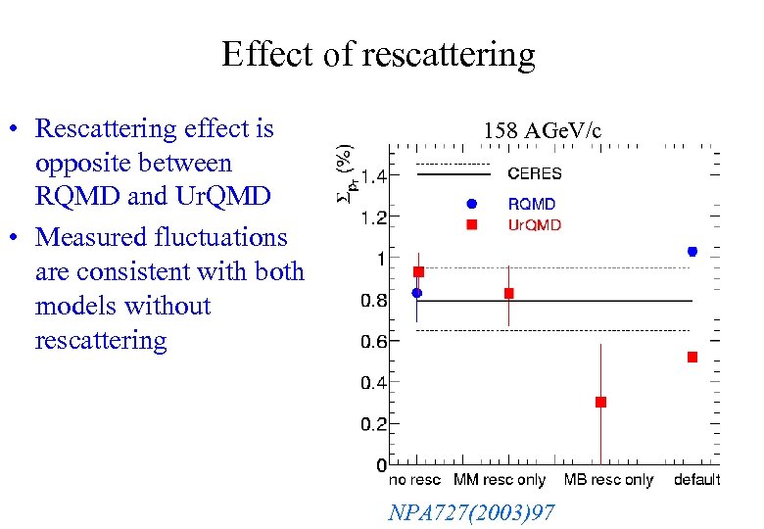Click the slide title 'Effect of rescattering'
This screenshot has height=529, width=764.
[378, 54]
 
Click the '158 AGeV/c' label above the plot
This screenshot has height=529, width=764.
[542, 130]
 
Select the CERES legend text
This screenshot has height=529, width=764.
[534, 173]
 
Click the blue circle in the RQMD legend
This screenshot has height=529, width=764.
[471, 204]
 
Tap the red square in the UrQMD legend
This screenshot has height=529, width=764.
[471, 224]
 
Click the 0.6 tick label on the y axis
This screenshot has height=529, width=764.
[373, 342]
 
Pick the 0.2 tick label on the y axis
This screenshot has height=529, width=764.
[373, 425]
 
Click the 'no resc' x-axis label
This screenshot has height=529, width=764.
[414, 480]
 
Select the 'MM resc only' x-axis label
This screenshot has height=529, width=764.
[500, 480]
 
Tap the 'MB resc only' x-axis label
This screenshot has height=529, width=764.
[608, 480]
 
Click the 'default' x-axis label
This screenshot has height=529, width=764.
[696, 480]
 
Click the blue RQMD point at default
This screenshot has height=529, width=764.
[692, 252]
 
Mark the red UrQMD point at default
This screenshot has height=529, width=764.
[692, 358]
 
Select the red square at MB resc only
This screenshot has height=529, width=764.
[600, 402]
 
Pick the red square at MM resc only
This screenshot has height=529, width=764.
[508, 293]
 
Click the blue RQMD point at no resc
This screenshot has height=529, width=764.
[416, 292]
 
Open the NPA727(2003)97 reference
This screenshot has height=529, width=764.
[471, 511]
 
